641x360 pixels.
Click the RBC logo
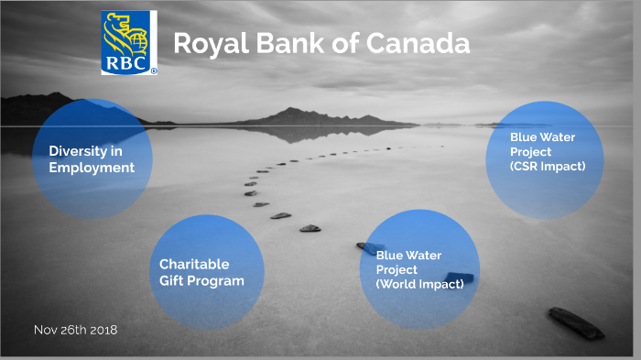pos(129,42)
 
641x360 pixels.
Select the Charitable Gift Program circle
pos(206,272)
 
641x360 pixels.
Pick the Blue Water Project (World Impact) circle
pos(422,268)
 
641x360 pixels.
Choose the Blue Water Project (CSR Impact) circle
pos(546,154)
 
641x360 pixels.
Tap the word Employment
pos(92,168)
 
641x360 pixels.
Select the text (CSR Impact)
pos(548,166)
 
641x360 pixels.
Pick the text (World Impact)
pos(419,284)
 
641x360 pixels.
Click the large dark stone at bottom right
pos(575,322)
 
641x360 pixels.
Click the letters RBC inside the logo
pos(128,64)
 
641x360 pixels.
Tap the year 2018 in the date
pos(103,329)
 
